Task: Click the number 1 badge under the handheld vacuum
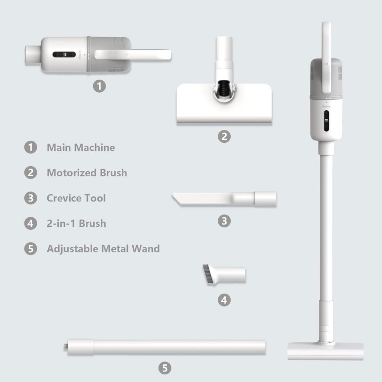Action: (x=99, y=86)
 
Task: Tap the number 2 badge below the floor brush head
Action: (x=224, y=137)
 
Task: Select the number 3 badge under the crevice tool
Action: (x=224, y=221)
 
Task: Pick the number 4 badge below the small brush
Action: (x=224, y=300)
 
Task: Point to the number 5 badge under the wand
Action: (x=165, y=368)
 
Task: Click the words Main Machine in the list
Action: (x=81, y=148)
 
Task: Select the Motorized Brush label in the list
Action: (x=87, y=173)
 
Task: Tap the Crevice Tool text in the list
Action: (x=76, y=198)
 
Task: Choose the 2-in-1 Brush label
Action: (x=76, y=223)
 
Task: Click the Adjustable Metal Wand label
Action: (x=103, y=249)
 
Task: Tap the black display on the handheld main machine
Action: (x=64, y=54)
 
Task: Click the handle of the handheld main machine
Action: (x=133, y=54)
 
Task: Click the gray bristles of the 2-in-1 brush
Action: (x=206, y=275)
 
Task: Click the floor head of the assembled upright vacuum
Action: (x=326, y=351)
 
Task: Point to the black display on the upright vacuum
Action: (x=326, y=121)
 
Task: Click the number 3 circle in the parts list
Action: (x=31, y=198)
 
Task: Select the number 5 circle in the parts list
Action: (x=31, y=249)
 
